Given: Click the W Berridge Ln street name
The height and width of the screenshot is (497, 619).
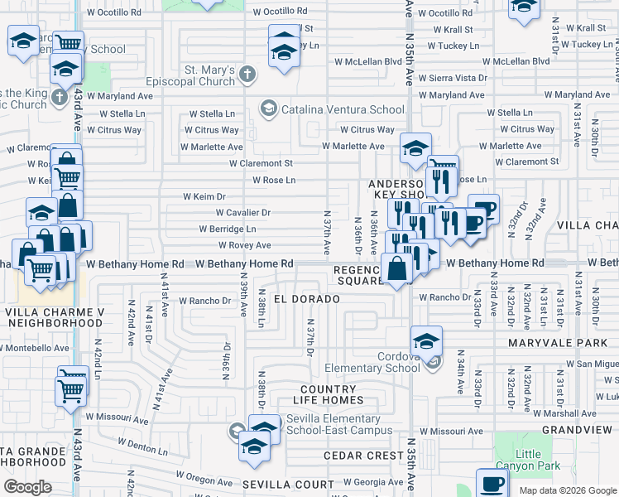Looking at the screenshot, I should tap(228, 229).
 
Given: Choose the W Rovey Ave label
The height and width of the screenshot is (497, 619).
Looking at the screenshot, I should tap(245, 245).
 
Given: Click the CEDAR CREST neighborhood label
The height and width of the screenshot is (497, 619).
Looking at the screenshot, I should tap(363, 456).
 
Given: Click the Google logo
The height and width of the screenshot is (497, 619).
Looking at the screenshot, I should tap(27, 486).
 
